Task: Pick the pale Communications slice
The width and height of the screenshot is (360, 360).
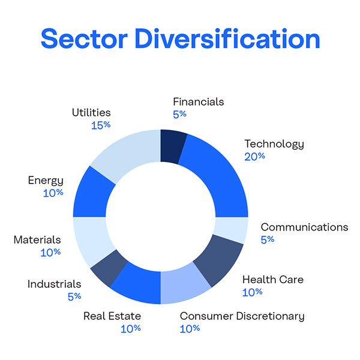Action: coord(231,230)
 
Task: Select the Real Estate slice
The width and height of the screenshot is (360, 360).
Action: coord(137,285)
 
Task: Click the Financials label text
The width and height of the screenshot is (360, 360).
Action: coord(198,101)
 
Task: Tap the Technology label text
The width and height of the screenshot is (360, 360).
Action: coord(274,144)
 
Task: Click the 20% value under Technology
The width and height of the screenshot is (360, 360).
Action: coord(254,156)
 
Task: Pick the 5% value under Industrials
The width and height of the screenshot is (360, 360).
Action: coord(74,296)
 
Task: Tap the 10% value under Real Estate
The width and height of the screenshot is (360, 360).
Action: coord(130,328)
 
